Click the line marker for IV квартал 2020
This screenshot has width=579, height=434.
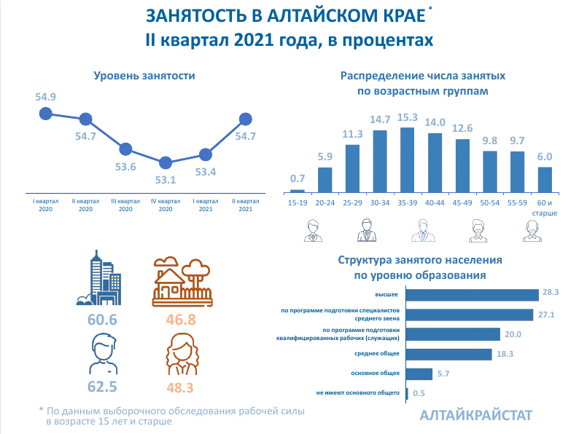[166, 162]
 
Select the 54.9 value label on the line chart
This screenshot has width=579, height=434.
[45, 97]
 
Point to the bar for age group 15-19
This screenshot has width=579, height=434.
[298, 189]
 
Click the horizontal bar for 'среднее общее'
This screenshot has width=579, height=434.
[448, 354]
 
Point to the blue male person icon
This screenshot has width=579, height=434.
[103, 352]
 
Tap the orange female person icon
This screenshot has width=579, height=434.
[182, 353]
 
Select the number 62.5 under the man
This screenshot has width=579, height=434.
[103, 386]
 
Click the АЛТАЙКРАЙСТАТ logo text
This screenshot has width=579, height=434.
[476, 415]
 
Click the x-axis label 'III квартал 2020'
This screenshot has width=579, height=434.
[125, 205]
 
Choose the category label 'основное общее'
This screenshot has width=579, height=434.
[376, 374]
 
